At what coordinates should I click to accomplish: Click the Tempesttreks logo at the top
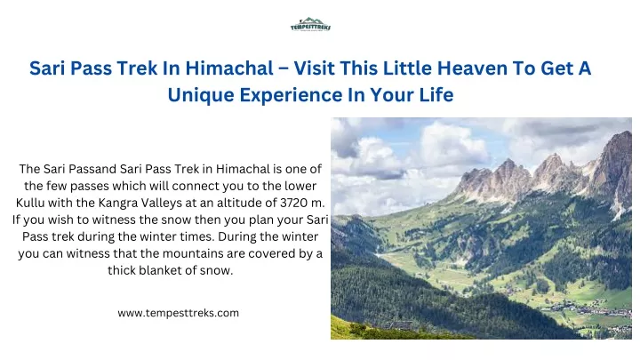[x=310, y=25]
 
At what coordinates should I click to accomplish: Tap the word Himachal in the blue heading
[x=229, y=68]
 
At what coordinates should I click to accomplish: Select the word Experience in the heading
[x=291, y=95]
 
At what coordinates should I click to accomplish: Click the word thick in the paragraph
[x=122, y=270]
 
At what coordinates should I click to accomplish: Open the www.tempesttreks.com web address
[x=179, y=313]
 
